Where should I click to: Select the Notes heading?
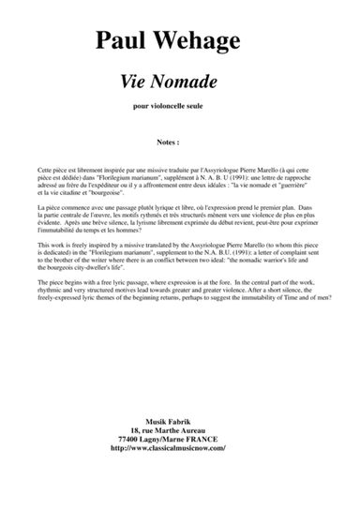tap(179, 144)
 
